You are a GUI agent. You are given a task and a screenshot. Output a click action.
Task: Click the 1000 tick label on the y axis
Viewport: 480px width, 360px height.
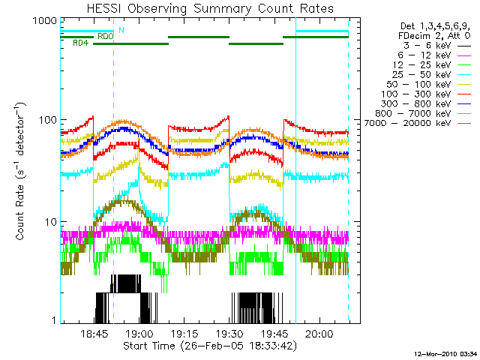[x=45, y=20]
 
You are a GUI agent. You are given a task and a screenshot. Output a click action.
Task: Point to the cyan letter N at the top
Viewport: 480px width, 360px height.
[x=121, y=29]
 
